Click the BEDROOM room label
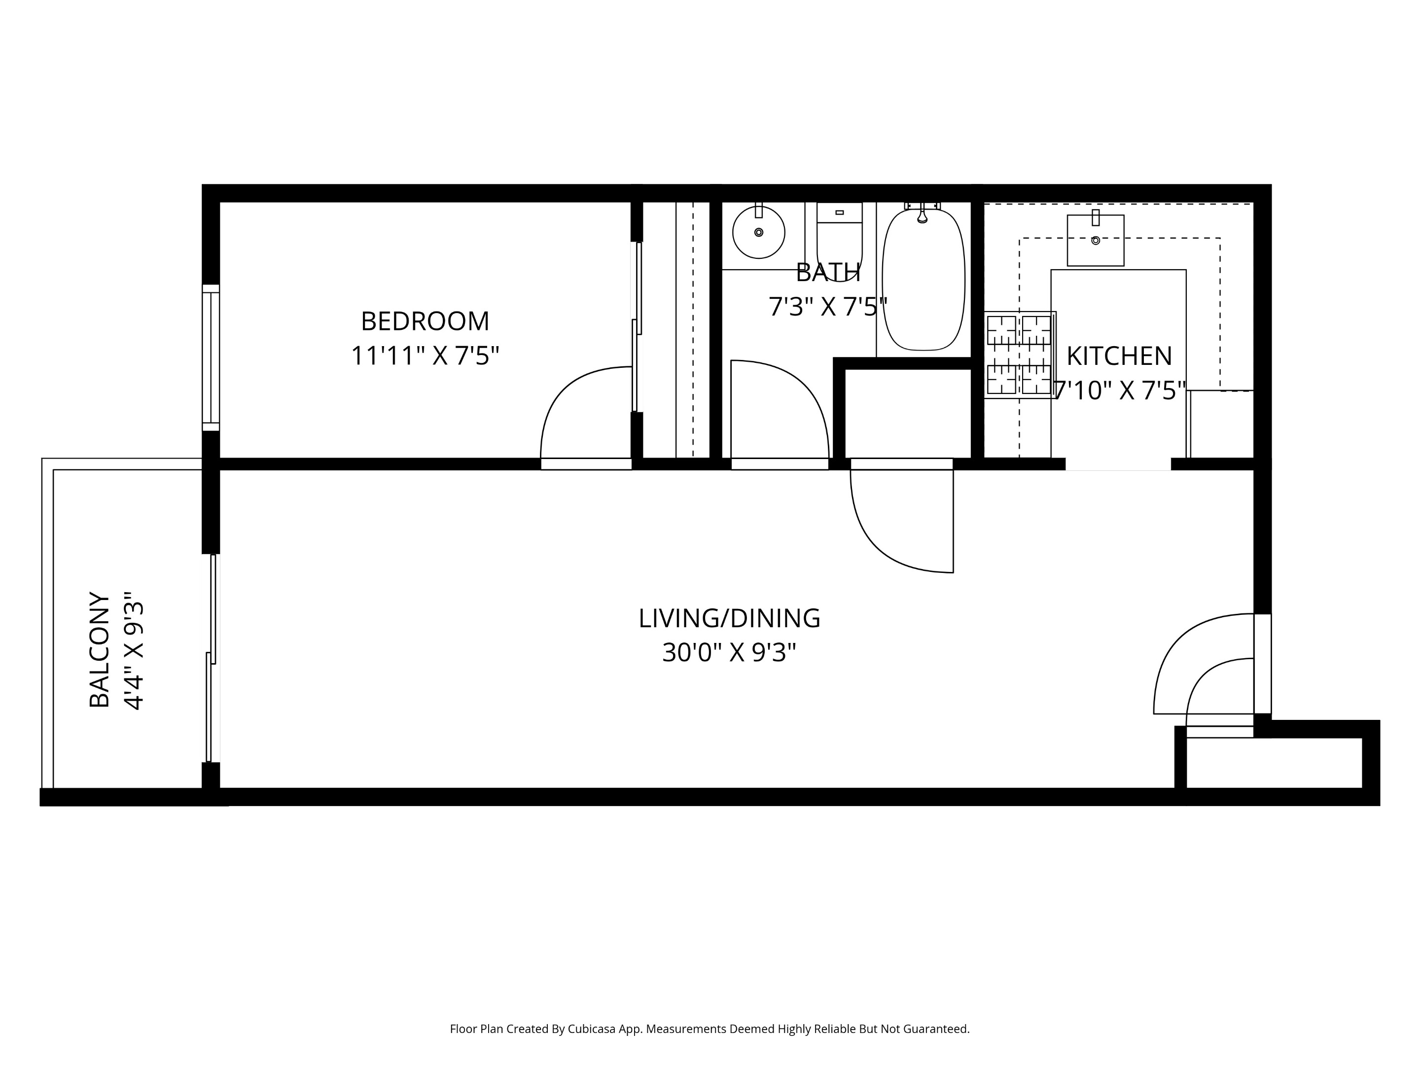[x=425, y=321]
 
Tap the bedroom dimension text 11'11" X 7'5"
[x=425, y=355]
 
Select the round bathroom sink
[x=758, y=232]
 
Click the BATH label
[x=827, y=273]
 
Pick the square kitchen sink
[x=1095, y=240]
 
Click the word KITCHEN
[x=1119, y=355]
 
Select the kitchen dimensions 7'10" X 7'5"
[x=1119, y=390]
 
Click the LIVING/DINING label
[x=729, y=618]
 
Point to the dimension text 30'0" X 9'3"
[x=729, y=653]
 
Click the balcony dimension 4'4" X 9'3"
[x=134, y=650]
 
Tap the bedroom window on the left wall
[x=211, y=357]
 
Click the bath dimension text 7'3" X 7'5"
[x=827, y=307]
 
